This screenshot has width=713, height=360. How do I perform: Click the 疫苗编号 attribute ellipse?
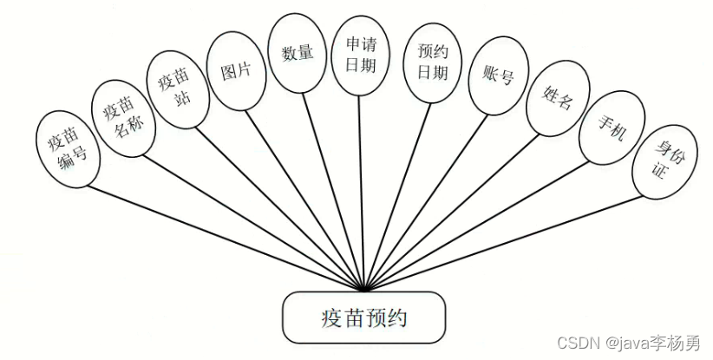tap(67, 149)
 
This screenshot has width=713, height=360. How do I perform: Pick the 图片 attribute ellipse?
tap(236, 72)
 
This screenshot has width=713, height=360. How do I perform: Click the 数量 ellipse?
tap(298, 52)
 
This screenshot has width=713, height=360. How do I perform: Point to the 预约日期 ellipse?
tap(431, 63)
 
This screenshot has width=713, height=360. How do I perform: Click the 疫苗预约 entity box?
tap(363, 317)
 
